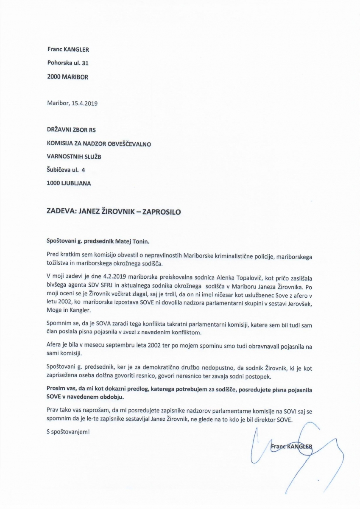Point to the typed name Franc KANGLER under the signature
(291, 446)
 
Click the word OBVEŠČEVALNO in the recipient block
(131, 143)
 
